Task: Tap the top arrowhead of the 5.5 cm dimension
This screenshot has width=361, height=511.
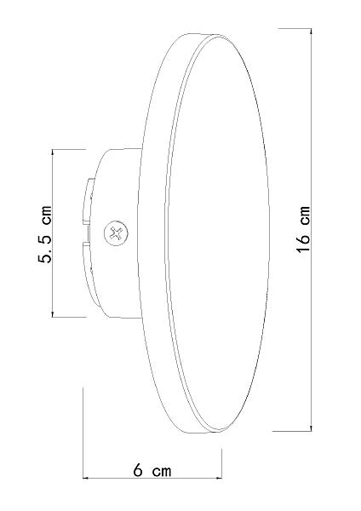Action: [x=53, y=154]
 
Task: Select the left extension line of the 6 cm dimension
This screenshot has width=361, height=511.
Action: [x=83, y=426]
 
